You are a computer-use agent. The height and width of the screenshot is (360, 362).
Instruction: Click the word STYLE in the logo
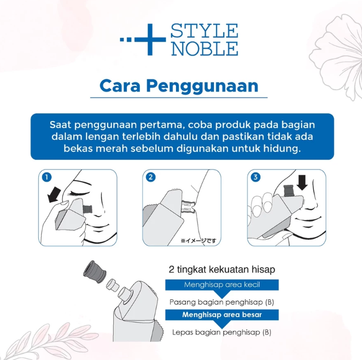point(205,31)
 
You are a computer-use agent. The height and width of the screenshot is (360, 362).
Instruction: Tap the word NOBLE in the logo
point(205,48)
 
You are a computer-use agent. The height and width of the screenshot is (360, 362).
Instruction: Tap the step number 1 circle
point(48,177)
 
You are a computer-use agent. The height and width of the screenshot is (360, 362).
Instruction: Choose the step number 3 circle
point(255,177)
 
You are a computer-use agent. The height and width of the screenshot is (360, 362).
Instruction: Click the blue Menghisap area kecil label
point(222,285)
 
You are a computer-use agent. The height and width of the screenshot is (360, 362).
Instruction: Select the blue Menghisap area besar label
point(222,315)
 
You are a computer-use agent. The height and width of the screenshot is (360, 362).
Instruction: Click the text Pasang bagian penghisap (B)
point(221,301)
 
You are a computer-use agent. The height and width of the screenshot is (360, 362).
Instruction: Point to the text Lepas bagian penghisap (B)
point(221,332)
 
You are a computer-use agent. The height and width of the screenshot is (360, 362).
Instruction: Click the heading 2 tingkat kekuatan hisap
point(222,270)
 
